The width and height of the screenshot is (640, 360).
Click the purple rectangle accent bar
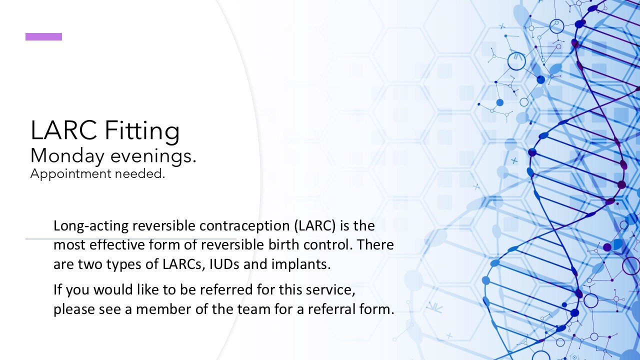coord(43,37)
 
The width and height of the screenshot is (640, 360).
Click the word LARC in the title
coord(63,130)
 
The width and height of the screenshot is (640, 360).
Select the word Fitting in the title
coord(142,131)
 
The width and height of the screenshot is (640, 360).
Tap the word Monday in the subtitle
coord(67,156)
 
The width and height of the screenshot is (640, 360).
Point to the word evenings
coord(153,156)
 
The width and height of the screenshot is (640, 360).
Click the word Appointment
coord(70,174)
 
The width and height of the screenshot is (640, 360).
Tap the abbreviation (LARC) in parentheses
coord(315,225)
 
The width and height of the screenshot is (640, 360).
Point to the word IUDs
coord(224,264)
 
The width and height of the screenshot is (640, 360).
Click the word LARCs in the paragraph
coord(184,264)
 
